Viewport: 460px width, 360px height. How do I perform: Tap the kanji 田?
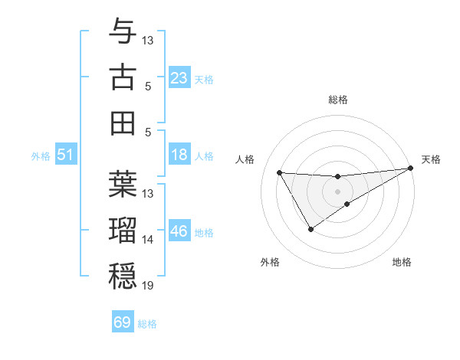pos(123,123)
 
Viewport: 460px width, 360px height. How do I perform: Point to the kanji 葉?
pos(123,183)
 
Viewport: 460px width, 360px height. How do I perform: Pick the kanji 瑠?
pos(123,230)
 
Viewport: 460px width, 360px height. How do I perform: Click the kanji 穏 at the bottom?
pos(123,276)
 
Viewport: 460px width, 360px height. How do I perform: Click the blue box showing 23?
pos(179,77)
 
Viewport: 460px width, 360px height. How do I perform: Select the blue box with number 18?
pos(179,155)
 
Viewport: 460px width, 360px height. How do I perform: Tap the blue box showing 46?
pos(179,231)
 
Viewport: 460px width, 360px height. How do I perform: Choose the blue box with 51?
pos(66,155)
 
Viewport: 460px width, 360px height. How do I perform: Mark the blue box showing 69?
pos(123,322)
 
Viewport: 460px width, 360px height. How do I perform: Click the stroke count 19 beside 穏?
pos(148,286)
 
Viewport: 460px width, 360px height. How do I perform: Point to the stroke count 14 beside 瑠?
pos(148,240)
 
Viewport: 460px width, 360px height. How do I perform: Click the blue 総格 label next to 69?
pos(147,324)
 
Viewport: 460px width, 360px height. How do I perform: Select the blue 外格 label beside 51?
pos(41,156)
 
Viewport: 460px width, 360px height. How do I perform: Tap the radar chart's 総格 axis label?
pos(338,100)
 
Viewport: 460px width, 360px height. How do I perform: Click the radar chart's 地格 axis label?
pos(402,262)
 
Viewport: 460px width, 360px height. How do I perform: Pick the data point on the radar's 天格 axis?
pos(411,168)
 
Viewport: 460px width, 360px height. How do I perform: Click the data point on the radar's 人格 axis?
pos(280,172)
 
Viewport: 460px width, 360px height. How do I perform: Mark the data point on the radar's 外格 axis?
pos(310,229)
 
